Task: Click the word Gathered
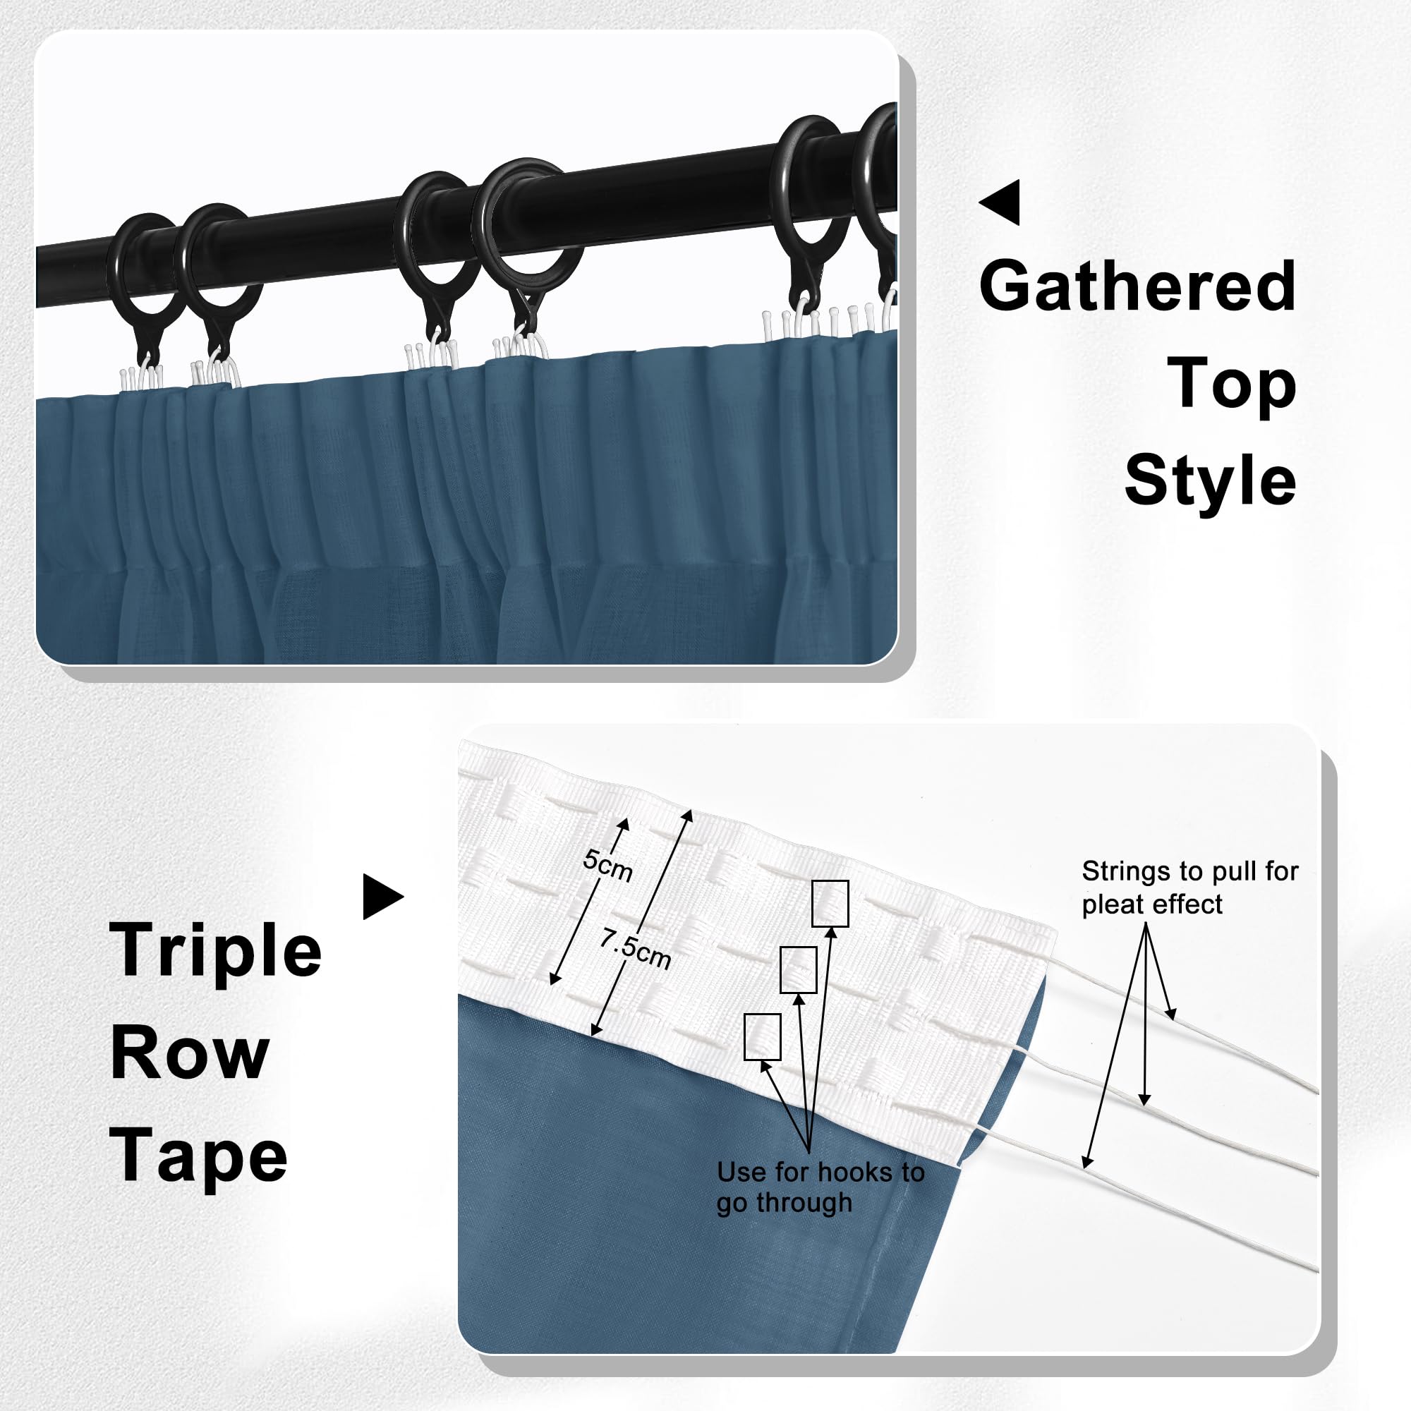coord(1137,286)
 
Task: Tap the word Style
coord(1210,480)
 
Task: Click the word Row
coord(189,1055)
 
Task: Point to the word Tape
coord(198,1157)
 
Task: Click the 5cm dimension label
coord(607,866)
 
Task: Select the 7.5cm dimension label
coord(636,948)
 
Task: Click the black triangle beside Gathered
coord(999,202)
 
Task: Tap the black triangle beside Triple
coord(383,896)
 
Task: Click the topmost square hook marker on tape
coord(830,904)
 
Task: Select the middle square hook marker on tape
coord(798,970)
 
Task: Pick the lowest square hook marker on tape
coord(763,1036)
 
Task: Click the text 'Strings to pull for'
coord(1189,871)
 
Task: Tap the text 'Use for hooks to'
coord(821,1171)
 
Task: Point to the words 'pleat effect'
coord(1152,905)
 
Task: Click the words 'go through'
coord(785,1202)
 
